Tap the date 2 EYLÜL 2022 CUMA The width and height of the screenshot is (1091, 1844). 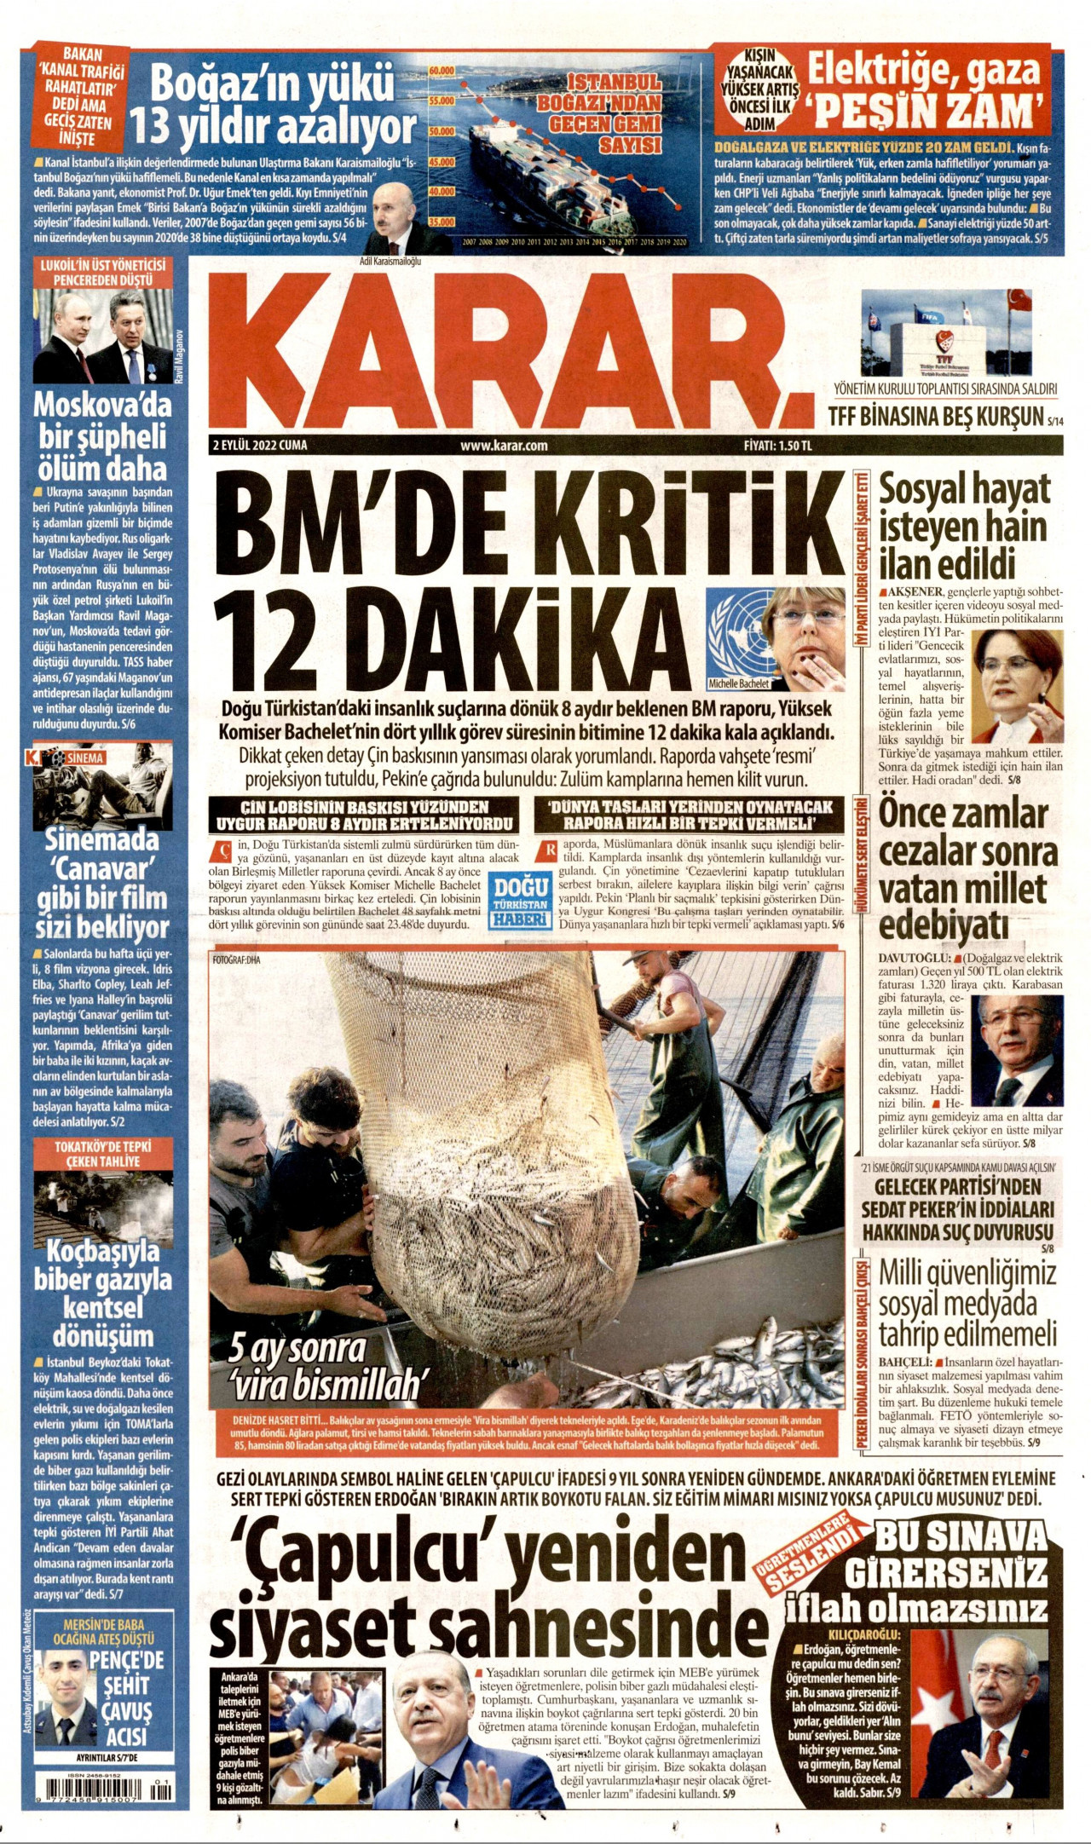click(260, 445)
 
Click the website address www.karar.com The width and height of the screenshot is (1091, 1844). click(503, 445)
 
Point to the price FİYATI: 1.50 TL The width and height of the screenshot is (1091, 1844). click(777, 445)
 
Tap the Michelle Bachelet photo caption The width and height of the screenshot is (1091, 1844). click(738, 683)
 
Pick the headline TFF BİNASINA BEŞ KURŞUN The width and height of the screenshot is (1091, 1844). click(935, 416)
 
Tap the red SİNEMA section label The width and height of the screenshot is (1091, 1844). click(84, 758)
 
